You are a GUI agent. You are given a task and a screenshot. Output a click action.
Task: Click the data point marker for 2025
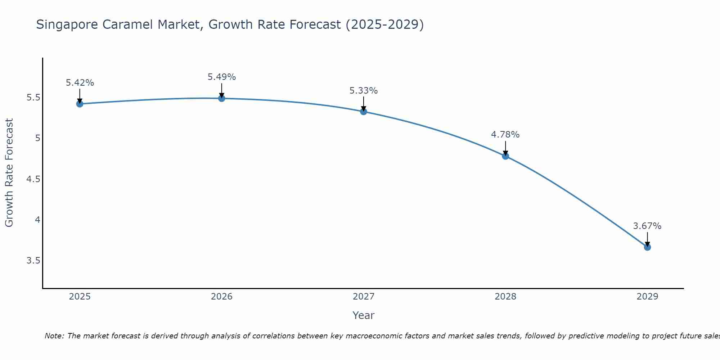point(80,104)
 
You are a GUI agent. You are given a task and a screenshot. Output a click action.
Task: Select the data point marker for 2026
point(222,98)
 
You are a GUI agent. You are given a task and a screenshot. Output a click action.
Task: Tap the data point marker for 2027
point(364,112)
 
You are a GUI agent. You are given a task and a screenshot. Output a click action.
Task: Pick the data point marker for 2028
point(505,156)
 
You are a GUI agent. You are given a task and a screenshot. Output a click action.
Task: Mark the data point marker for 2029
point(647,247)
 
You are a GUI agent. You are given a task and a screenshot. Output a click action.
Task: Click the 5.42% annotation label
point(80,83)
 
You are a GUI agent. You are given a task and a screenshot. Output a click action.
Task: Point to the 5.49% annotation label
point(222,77)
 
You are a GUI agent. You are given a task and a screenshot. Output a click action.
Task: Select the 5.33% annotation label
point(364,91)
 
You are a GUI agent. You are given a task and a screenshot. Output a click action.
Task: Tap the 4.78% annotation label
point(505,135)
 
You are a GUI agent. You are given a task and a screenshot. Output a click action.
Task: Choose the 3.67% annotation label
point(647,226)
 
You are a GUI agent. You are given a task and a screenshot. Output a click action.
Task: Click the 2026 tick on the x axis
point(222,297)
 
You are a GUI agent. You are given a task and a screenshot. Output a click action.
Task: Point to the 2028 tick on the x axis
point(505,297)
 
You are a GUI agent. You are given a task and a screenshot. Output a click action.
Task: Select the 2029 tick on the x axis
point(647,297)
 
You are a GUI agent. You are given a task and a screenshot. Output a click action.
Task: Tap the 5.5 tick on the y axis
point(33,98)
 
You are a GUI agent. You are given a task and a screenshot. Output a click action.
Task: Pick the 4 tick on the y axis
point(37,220)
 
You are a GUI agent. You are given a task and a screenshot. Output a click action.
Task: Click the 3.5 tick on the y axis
point(33,260)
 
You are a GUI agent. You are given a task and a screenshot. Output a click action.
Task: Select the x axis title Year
point(364,315)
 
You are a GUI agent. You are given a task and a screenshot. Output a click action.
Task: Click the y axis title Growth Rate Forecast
point(9,173)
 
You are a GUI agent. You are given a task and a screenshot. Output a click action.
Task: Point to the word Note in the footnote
point(54,336)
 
